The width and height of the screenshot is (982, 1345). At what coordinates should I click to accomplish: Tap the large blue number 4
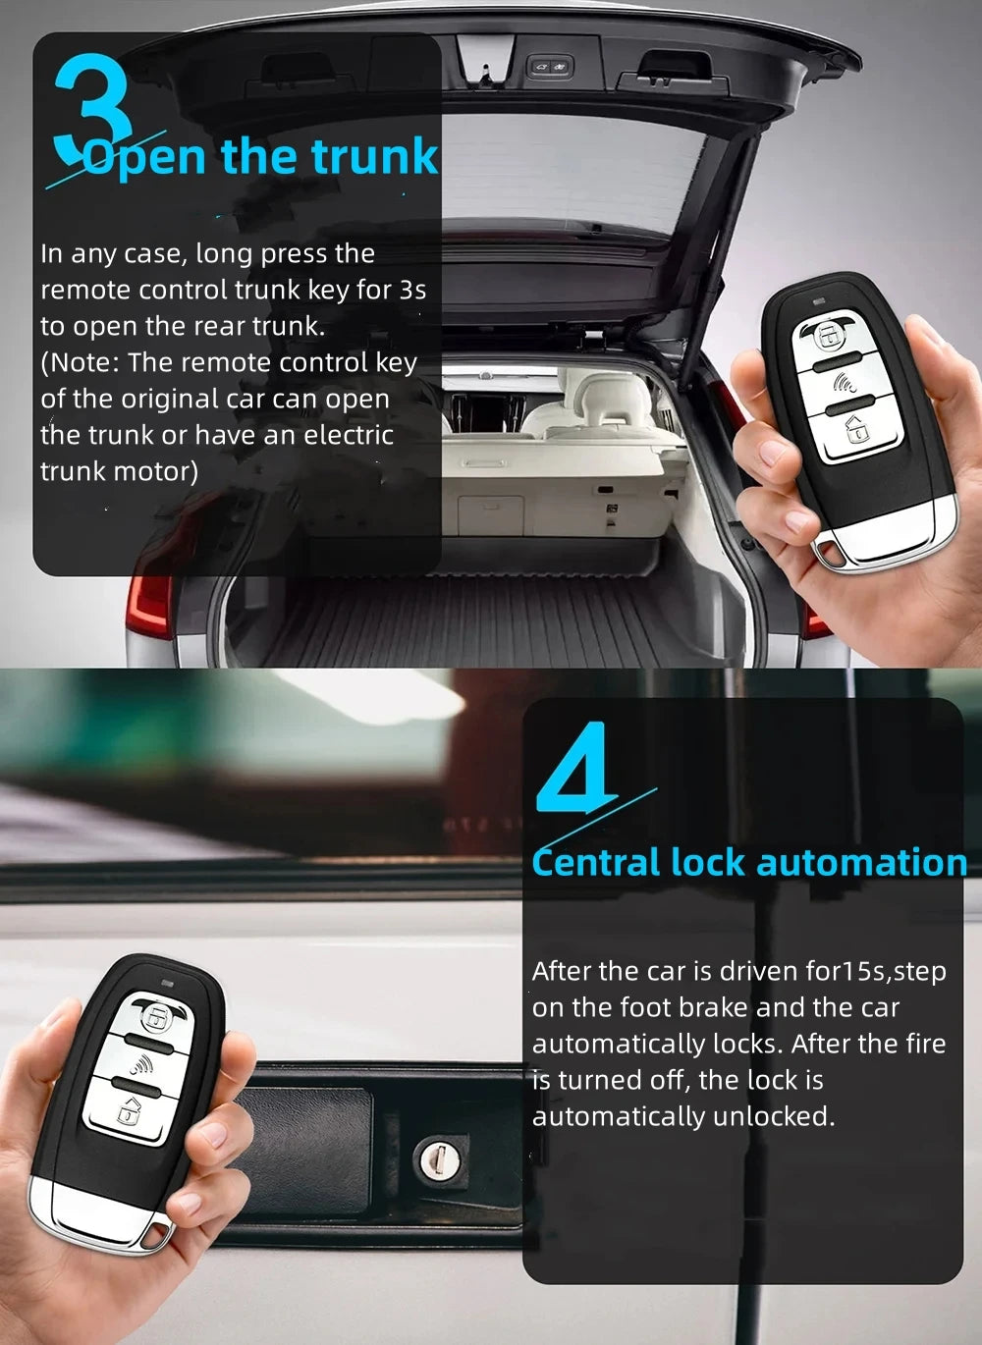point(577,767)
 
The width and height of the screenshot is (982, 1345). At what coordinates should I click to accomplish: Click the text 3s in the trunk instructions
point(412,290)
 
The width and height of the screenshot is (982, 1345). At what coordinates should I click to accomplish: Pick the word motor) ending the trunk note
point(157,471)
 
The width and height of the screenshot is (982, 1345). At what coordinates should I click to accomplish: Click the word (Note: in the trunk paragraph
point(81,362)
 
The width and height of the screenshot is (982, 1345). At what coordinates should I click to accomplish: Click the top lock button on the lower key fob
point(155,1018)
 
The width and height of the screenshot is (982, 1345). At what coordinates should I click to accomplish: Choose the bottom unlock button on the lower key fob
point(129,1110)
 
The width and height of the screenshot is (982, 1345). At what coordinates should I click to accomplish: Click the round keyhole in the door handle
point(433,1158)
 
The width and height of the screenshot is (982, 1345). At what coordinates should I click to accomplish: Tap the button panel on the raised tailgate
point(550,67)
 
